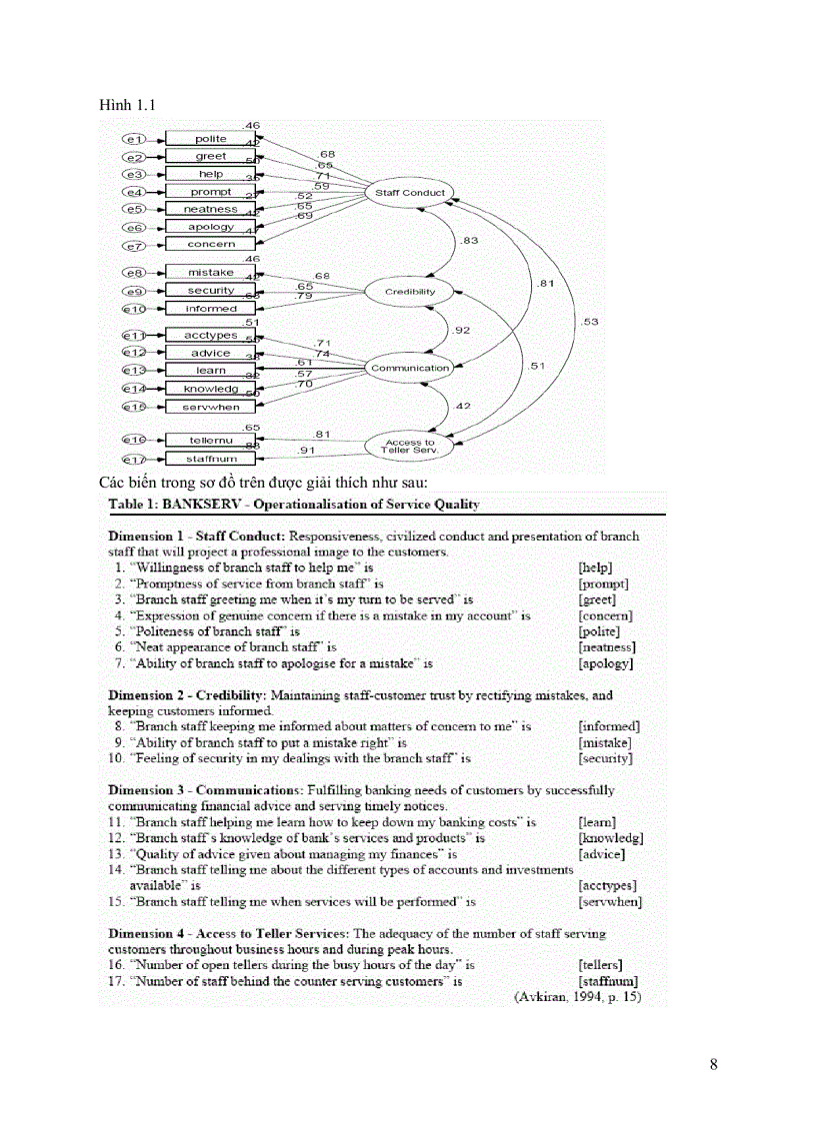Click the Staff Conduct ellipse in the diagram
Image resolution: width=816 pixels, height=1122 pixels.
click(x=410, y=192)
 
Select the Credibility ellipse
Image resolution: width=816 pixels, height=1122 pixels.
click(x=410, y=292)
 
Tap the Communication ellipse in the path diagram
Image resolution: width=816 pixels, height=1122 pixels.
click(x=410, y=368)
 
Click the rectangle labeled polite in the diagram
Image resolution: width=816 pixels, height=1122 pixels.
click(x=210, y=139)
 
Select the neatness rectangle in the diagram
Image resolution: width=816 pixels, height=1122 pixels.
click(x=210, y=209)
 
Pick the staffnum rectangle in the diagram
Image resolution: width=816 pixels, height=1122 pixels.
click(x=210, y=459)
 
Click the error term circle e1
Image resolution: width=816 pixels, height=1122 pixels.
click(x=133, y=139)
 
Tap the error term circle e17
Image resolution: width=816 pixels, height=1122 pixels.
click(x=133, y=459)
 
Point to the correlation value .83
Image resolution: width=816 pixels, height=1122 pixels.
click(x=467, y=241)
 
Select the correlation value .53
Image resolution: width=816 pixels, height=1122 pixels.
click(x=589, y=321)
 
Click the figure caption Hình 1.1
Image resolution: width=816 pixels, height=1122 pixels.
click(x=126, y=104)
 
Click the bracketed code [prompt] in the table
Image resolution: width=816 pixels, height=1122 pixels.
click(x=603, y=583)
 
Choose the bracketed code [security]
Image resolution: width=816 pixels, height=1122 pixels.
click(x=605, y=758)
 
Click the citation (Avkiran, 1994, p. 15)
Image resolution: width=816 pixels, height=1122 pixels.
click(x=576, y=997)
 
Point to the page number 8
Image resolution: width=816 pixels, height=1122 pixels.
click(x=713, y=1063)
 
